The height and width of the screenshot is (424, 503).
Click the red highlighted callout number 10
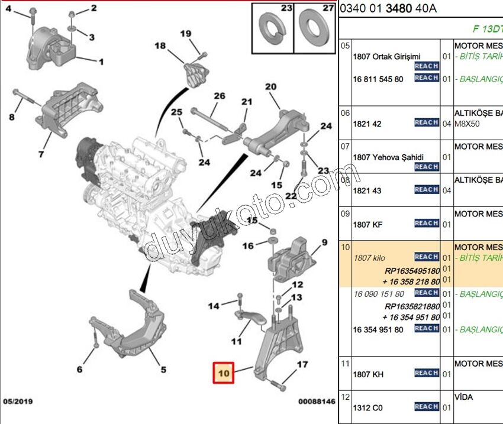pos(224,373)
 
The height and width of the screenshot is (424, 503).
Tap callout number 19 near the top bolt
pos(186,34)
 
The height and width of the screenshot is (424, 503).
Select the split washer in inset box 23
pos(273,28)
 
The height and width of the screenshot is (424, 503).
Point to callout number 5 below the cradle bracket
pos(163,370)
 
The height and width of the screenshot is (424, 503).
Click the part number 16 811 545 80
pos(378,79)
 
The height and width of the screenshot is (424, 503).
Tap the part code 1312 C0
pos(367,408)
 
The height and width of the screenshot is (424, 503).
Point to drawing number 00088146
pos(316,402)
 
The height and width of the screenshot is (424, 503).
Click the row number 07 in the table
pos(346,145)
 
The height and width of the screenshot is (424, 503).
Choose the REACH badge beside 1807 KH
pos(426,373)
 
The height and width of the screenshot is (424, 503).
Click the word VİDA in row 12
pos(463,397)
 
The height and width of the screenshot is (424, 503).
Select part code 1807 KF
pos(369,225)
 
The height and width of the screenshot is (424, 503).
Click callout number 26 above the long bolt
pos(220,96)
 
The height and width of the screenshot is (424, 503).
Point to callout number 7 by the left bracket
pos(41,154)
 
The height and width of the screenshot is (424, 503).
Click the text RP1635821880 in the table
pos(412,306)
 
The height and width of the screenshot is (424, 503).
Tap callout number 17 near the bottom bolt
pos(302,364)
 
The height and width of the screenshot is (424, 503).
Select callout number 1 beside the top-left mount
pos(101,62)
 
